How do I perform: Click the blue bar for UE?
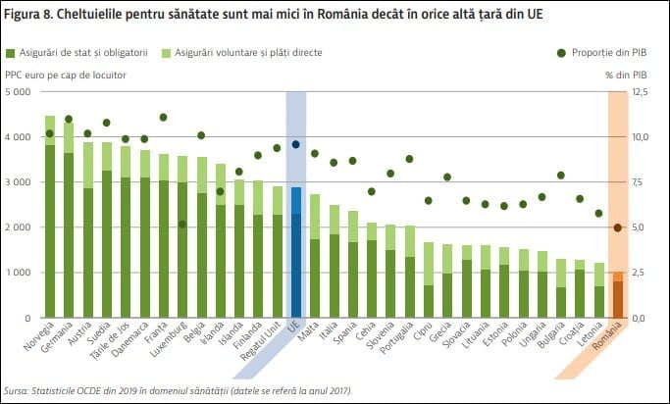pos(296,252)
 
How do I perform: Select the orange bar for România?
pos(618,295)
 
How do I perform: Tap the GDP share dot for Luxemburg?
pos(182,224)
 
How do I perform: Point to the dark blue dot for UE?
pos(295,144)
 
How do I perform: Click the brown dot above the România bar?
pos(618,227)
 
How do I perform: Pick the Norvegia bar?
pos(50,217)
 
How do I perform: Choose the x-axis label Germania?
pos(56,337)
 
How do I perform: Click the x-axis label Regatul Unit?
pos(261,341)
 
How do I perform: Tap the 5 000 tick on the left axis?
pos(18,92)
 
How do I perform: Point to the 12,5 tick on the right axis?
pos(641,92)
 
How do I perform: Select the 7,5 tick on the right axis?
pos(638,182)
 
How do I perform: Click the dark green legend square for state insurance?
pos(10,53)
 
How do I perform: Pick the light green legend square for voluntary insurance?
pos(166,53)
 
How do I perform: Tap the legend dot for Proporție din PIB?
pos(561,53)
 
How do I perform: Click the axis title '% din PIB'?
pos(626,76)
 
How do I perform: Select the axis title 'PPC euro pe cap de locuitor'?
pos(66,76)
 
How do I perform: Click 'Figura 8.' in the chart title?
pos(27,14)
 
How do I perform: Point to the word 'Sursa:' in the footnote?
pos(17,390)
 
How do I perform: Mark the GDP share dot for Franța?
pos(163,117)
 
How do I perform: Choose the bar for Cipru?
pos(429,280)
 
